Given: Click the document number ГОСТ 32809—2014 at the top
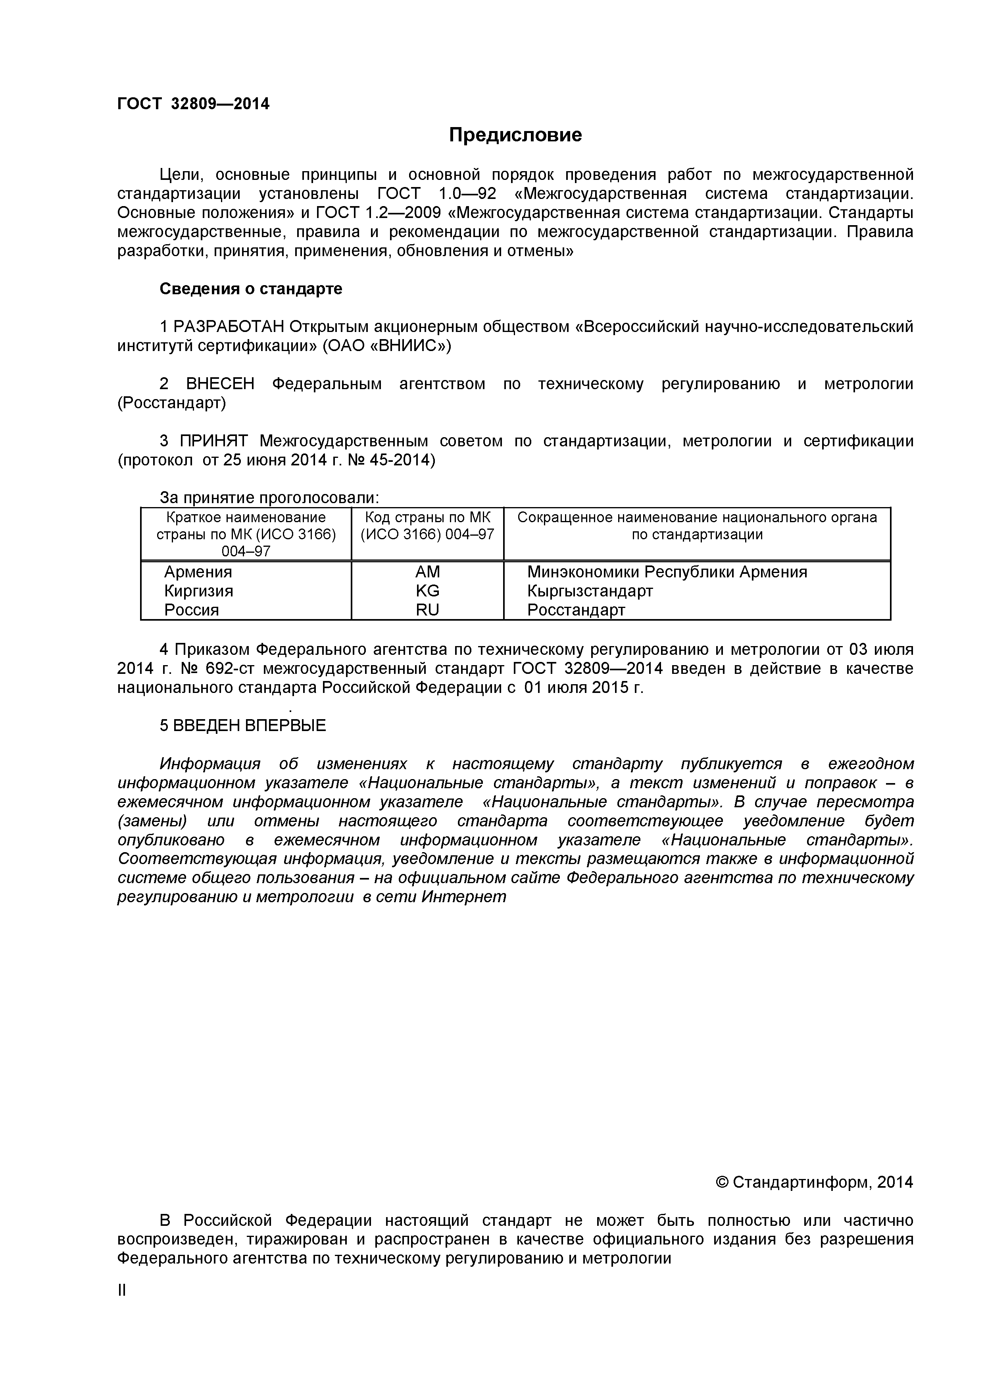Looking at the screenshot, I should [193, 104].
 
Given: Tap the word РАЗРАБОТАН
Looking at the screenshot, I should [229, 327].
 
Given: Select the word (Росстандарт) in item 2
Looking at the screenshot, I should [171, 403].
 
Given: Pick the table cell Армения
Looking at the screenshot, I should [198, 572].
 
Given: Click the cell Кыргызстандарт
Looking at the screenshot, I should [590, 591].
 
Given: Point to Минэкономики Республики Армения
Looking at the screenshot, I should [667, 572].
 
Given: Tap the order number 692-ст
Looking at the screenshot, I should [231, 669].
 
